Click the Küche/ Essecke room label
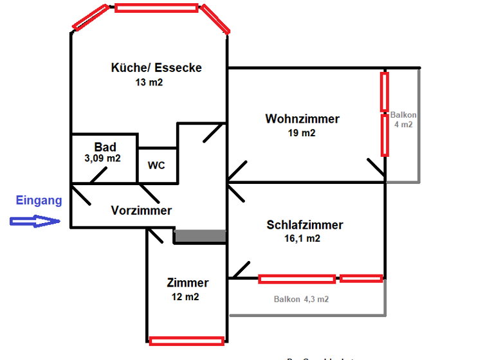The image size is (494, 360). point(156,67)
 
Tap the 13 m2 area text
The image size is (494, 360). point(149,82)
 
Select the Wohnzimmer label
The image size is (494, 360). point(302,119)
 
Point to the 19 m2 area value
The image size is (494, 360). point(302,133)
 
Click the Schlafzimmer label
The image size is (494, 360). point(305,225)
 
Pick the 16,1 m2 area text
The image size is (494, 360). point(302,239)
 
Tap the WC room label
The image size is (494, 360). point(156,165)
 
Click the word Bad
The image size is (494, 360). point(105,147)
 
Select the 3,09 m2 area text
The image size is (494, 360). point(103,157)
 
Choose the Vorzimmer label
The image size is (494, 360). point(142,210)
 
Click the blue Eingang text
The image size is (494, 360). point(39,201)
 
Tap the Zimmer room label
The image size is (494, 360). point(188,283)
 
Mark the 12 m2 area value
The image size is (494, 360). point(185,297)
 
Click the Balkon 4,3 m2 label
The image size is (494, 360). point(301,300)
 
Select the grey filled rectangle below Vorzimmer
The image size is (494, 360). point(200,237)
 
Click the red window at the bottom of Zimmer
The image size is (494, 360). point(187,341)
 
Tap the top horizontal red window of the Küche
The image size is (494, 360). point(156,8)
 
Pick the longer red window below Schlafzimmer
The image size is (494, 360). point(297,279)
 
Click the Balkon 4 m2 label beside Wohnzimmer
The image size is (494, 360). point(403,120)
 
